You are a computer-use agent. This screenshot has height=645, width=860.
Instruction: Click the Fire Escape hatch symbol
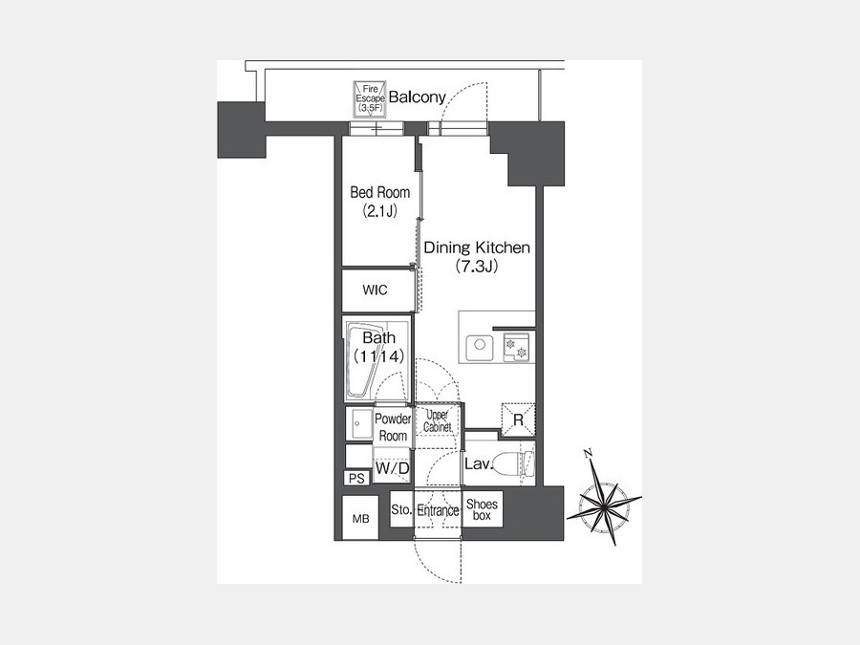(370, 98)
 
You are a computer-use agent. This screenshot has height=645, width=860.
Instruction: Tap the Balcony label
(417, 97)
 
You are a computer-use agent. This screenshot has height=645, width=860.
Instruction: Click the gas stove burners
(517, 347)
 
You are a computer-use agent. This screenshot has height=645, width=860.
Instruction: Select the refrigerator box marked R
(518, 420)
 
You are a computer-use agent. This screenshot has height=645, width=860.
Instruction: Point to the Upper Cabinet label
(437, 420)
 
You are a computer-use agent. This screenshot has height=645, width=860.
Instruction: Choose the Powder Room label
(393, 427)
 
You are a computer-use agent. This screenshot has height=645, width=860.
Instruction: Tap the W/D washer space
(392, 468)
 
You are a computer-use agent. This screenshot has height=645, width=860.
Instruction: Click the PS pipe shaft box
(357, 479)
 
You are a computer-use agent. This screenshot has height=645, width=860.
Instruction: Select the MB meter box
(360, 518)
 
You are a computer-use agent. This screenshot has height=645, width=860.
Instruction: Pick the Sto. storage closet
(401, 509)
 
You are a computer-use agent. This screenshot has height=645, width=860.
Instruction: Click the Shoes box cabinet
(483, 509)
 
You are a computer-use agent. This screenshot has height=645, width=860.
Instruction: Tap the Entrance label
(438, 510)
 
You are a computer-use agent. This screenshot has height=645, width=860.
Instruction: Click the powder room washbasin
(358, 423)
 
